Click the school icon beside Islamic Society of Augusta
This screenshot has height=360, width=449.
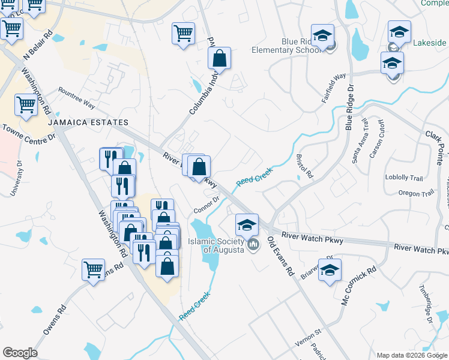click(x=246, y=225)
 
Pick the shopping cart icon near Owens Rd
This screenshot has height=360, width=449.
click(x=93, y=270)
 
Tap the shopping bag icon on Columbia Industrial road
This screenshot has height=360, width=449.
click(x=220, y=59)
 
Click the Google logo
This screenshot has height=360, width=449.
click(x=20, y=353)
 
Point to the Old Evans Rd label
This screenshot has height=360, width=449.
click(x=280, y=256)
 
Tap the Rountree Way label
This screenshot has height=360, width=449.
click(x=77, y=97)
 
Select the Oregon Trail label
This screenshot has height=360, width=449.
click(x=416, y=193)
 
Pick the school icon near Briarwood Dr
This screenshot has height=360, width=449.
click(x=330, y=271)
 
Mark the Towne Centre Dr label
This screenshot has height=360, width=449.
click(x=29, y=133)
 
